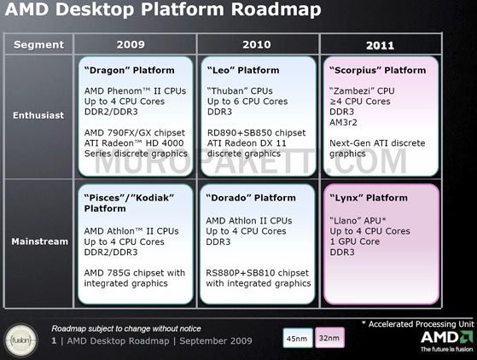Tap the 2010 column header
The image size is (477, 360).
click(x=257, y=44)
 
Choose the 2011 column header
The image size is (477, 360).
click(x=380, y=44)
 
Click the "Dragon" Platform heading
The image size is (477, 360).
click(x=129, y=70)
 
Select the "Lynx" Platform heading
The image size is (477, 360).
click(x=369, y=198)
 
